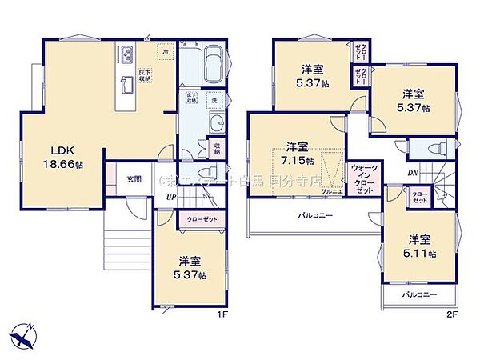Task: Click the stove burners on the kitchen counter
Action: [x=126, y=54]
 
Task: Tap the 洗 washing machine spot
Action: [x=214, y=100]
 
